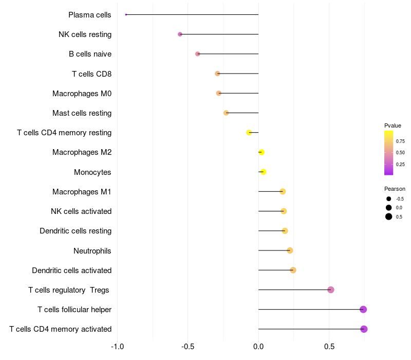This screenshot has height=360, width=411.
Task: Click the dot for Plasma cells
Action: click(x=126, y=14)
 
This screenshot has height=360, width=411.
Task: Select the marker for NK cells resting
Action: click(x=180, y=34)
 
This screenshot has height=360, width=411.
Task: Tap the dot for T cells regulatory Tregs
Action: click(x=331, y=290)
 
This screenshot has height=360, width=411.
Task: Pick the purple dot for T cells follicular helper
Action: click(x=363, y=310)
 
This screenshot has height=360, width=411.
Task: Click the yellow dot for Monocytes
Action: click(x=263, y=172)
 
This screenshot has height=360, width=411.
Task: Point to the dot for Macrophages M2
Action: click(x=261, y=152)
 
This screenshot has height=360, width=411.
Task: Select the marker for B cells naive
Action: click(x=198, y=54)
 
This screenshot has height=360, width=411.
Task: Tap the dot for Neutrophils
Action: click(x=290, y=250)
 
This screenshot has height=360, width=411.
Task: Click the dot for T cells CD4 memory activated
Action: click(x=364, y=329)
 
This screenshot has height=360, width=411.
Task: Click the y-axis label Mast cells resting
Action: click(x=82, y=113)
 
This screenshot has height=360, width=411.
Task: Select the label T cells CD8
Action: click(x=91, y=74)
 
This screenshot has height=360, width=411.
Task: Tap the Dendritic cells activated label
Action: click(x=71, y=271)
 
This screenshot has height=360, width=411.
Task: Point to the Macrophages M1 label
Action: click(x=82, y=192)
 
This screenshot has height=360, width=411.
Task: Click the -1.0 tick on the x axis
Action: click(x=117, y=346)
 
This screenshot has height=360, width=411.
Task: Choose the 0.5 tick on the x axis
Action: click(x=329, y=346)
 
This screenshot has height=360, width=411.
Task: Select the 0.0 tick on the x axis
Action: click(x=258, y=346)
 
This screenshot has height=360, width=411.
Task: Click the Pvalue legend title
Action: click(x=393, y=125)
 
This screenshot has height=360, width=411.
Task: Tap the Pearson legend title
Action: click(x=395, y=189)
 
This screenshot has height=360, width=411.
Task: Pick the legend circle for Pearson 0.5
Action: click(x=389, y=217)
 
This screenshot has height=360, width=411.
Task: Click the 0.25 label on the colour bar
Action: click(x=400, y=165)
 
